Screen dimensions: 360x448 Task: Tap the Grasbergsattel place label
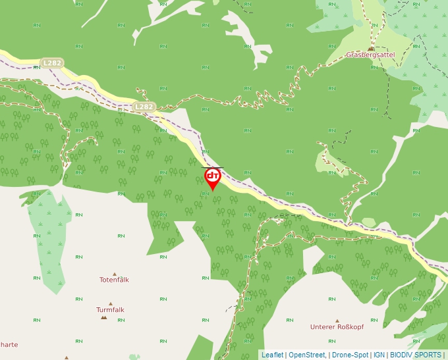(370, 55)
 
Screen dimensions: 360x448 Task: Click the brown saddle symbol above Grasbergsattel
(371, 48)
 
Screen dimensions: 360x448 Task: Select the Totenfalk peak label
(114, 280)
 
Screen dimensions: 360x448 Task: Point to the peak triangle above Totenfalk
(114, 273)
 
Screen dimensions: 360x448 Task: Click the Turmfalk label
(110, 309)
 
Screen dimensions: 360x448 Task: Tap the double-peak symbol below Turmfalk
(103, 317)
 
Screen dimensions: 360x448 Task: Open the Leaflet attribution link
(272, 355)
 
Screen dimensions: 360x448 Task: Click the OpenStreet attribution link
(306, 355)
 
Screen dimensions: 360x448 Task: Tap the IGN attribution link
(379, 355)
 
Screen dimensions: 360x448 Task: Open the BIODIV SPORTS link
(416, 355)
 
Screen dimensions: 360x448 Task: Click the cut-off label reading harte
(9, 344)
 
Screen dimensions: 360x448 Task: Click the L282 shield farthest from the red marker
(51, 63)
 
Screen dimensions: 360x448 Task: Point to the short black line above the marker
(212, 168)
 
